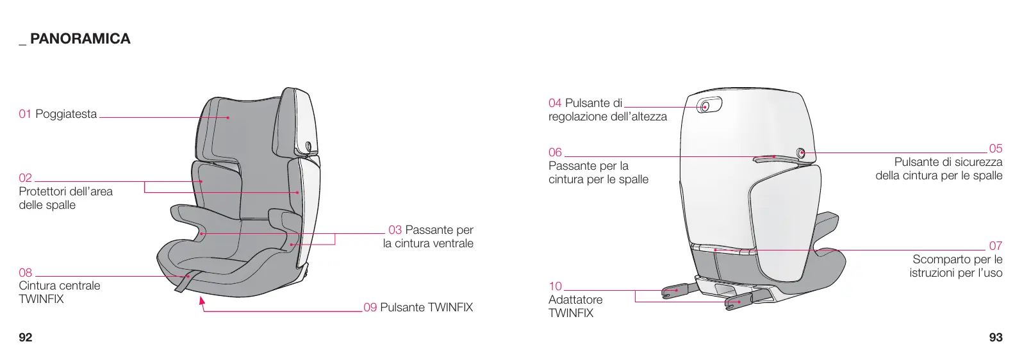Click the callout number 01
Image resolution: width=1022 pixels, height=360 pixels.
25,114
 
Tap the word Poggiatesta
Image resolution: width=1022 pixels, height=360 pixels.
66,114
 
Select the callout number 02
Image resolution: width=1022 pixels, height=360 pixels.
25,178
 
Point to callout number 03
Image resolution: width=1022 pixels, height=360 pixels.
395,230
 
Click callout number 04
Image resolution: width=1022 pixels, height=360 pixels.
555,103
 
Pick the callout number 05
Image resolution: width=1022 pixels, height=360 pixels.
995,149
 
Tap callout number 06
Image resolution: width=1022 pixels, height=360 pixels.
555,152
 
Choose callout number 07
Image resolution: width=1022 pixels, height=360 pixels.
995,246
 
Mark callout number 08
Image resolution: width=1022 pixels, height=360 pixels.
25,273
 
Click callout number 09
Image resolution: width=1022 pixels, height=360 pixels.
370,307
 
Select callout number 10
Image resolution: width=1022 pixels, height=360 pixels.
555,286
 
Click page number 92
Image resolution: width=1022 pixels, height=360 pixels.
26,338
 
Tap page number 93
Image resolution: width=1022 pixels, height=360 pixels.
996,338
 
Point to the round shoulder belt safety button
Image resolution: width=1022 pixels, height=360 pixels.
801,152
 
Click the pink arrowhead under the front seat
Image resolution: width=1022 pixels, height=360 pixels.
202,300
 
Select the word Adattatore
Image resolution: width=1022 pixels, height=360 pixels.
575,300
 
